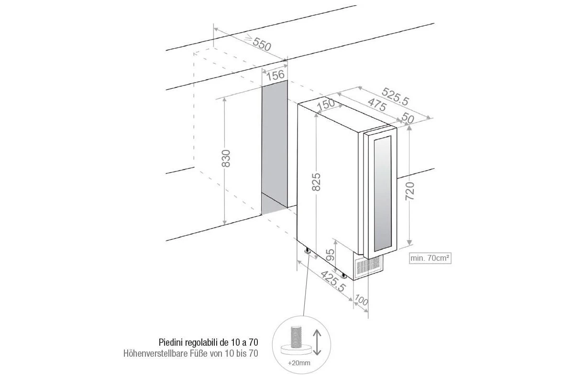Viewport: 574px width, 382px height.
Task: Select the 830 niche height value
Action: tap(226, 159)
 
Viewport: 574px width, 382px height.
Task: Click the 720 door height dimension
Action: tap(410, 191)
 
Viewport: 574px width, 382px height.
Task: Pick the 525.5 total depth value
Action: tap(395, 96)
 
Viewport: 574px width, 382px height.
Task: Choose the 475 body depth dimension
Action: tap(377, 105)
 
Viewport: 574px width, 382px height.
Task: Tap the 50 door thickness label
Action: tap(408, 117)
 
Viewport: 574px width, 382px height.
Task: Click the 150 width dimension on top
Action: tap(326, 104)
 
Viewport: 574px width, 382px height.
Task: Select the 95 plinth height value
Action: tap(331, 255)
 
